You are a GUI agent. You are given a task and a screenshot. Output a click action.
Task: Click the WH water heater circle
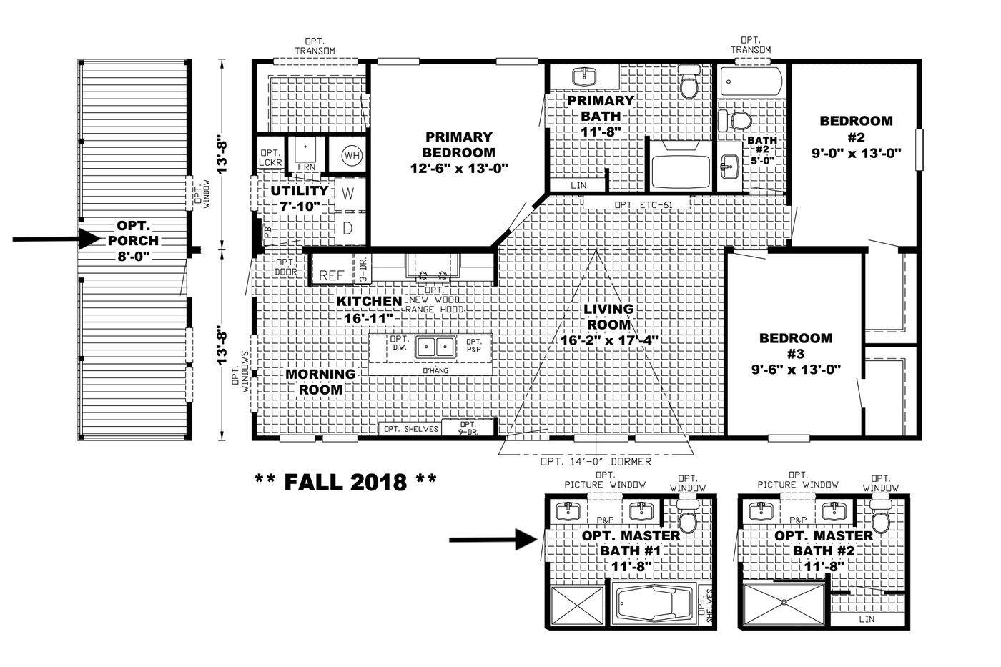point(351,155)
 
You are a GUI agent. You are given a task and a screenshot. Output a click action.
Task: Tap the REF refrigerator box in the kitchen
point(332,275)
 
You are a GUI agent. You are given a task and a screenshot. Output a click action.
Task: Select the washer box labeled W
point(348,193)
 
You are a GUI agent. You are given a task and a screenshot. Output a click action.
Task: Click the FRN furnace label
point(306,167)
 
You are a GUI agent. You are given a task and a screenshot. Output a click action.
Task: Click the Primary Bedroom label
point(458,144)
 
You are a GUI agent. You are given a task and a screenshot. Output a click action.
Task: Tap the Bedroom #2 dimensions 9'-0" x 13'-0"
point(856,152)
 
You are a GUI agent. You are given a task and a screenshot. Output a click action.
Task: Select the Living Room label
point(608,316)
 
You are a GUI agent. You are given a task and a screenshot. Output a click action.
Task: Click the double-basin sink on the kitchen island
point(436,347)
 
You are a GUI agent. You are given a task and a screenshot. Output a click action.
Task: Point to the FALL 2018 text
point(345,481)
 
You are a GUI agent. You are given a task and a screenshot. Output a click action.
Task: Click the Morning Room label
point(320,382)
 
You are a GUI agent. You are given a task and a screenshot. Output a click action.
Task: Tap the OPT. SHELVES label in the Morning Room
point(410,429)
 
